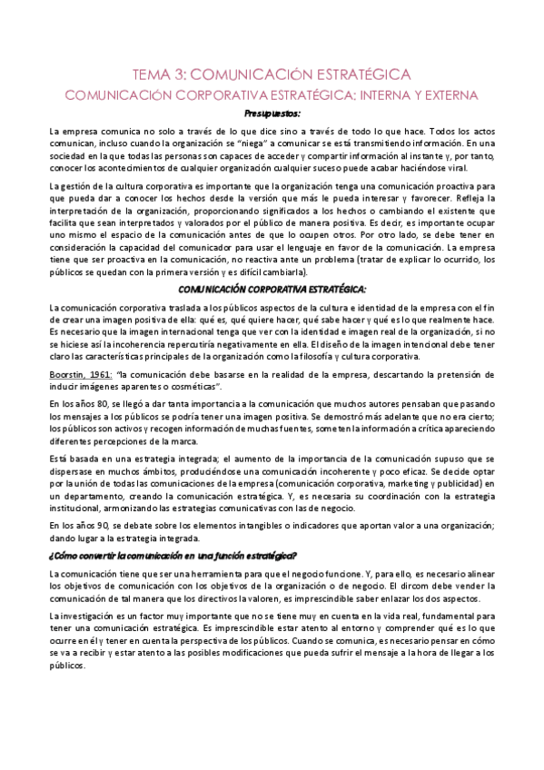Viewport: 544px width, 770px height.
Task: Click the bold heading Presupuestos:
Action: click(272, 114)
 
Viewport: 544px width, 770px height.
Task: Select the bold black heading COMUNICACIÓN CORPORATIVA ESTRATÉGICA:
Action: click(272, 289)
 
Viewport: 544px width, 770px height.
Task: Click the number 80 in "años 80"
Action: click(93, 403)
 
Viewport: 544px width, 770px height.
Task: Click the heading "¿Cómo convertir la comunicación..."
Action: click(173, 556)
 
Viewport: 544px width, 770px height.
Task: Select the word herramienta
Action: click(204, 575)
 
